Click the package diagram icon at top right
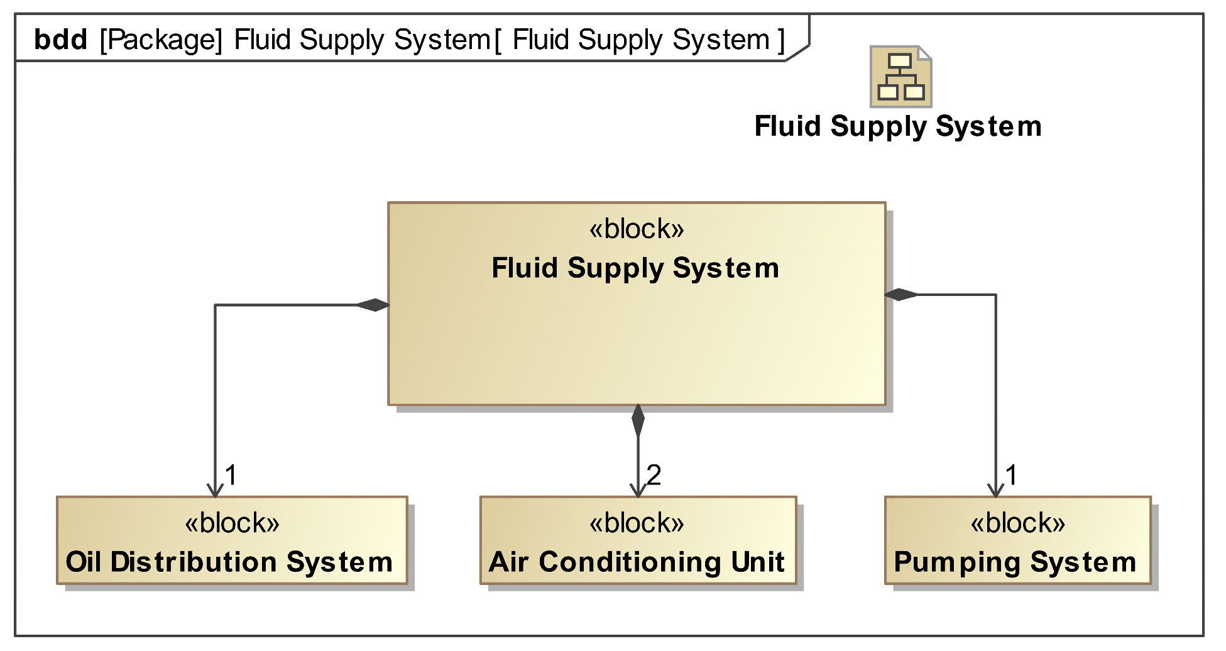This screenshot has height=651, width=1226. click(x=900, y=77)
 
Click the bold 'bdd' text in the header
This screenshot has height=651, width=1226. click(x=60, y=40)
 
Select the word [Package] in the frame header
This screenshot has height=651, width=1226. click(x=161, y=40)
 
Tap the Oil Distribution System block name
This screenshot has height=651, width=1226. click(x=229, y=561)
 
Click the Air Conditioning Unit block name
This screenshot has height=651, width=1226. click(x=637, y=561)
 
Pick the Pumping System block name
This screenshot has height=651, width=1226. click(x=1015, y=561)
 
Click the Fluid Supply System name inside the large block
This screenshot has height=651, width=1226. click(x=635, y=268)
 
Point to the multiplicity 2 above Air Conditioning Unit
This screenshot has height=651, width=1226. click(x=654, y=474)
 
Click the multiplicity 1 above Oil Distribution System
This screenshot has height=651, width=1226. click(x=231, y=474)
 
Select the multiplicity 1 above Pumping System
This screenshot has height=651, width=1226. click(x=1010, y=474)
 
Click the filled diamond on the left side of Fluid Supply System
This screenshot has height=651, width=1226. click(x=373, y=305)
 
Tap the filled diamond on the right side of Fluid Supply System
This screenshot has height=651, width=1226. click(x=900, y=294)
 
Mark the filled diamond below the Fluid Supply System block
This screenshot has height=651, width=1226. click(x=638, y=420)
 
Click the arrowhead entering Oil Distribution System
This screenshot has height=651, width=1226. click(x=216, y=491)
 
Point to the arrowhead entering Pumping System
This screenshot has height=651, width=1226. click(x=995, y=491)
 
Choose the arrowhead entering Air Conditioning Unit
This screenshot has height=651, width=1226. click(x=638, y=491)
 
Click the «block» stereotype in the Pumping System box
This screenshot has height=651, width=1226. click(x=1017, y=523)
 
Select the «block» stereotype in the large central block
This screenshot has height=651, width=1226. click(x=636, y=229)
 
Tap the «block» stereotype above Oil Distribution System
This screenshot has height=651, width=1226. click(x=232, y=523)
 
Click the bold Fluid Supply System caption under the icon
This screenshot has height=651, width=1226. click(x=898, y=126)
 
